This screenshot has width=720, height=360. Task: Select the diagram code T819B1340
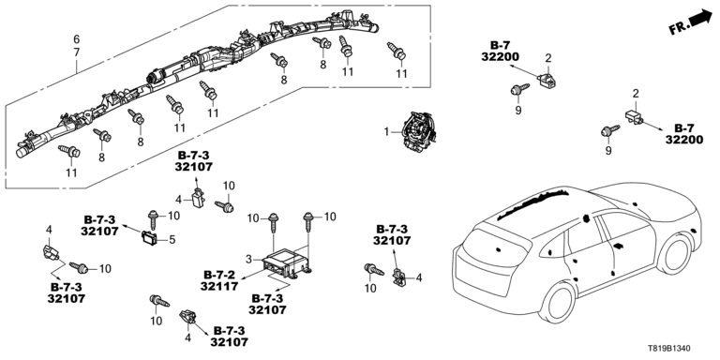tap(670, 349)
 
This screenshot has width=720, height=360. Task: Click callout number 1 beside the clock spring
tap(387, 132)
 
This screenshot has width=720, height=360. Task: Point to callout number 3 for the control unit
tap(248, 260)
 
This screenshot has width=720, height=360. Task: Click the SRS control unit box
tap(287, 263)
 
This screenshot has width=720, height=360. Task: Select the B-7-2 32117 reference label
tap(219, 280)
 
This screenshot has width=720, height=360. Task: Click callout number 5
tap(172, 239)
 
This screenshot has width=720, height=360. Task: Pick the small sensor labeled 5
tap(149, 237)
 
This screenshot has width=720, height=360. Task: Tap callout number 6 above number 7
tap(77, 38)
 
